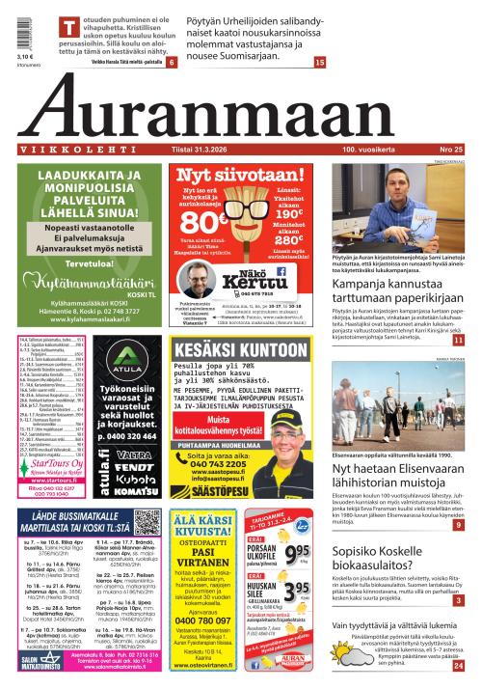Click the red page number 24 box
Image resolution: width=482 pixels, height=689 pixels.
pos(459,665)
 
